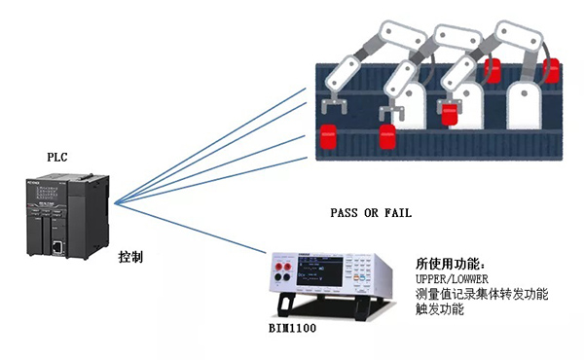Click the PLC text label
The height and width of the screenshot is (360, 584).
[57, 157]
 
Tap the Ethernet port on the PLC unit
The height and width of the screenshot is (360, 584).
[56, 247]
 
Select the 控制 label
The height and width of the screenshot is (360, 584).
[130, 257]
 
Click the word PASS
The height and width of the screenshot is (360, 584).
[344, 213]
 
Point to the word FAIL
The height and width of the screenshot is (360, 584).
[398, 213]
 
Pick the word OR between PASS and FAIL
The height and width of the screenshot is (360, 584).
[371, 213]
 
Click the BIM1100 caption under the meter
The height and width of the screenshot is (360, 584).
[292, 328]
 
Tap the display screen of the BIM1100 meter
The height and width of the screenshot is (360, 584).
[319, 271]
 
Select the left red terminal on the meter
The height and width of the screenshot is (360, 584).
[278, 267]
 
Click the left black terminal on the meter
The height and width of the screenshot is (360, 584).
[278, 277]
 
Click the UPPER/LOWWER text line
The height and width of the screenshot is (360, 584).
[452, 279]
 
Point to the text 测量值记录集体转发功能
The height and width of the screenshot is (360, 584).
[482, 294]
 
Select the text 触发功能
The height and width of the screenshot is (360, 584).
[440, 309]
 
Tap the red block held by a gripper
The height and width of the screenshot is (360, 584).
[449, 114]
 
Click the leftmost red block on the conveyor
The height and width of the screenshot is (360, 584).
[329, 136]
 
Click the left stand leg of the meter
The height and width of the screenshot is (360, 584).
[286, 305]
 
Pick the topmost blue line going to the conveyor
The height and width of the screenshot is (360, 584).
[210, 146]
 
